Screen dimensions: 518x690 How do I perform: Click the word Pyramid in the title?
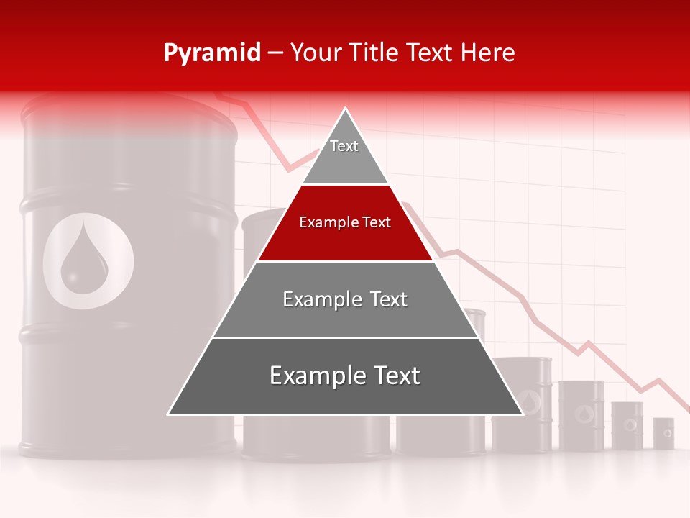click(211, 53)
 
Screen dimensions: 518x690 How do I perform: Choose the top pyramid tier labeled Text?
click(345, 155)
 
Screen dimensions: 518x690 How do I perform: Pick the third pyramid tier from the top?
click(345, 300)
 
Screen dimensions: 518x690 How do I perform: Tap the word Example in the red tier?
click(324, 222)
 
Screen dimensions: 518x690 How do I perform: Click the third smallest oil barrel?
click(581, 415)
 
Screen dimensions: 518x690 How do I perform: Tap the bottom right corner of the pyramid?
click(521, 414)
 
